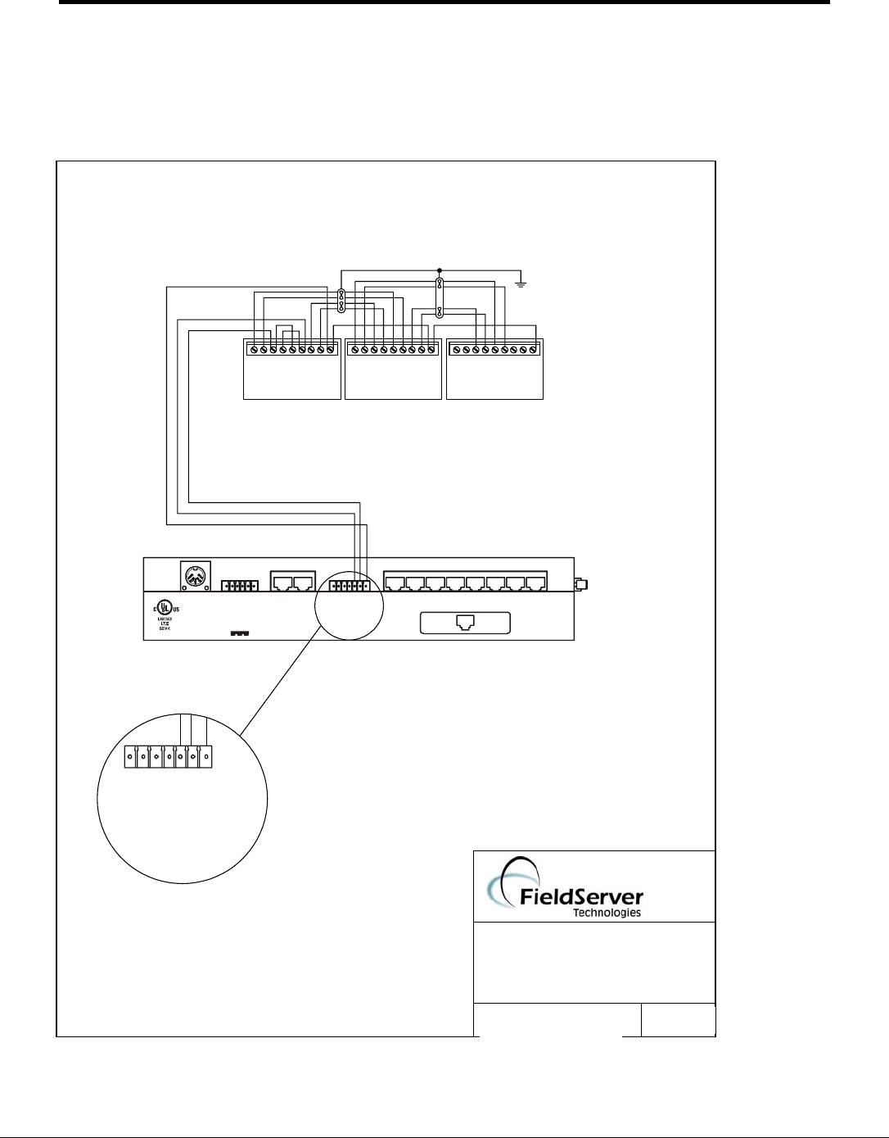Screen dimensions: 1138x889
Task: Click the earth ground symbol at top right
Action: (x=521, y=284)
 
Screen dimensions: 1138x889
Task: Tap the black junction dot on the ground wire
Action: (x=440, y=270)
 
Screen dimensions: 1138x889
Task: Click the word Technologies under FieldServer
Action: (x=607, y=913)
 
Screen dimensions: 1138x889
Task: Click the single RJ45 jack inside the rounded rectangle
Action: (x=464, y=623)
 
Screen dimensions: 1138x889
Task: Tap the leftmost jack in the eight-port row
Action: (x=395, y=584)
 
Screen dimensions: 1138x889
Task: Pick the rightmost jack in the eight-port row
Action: (x=536, y=584)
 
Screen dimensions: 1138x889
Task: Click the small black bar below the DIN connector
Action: (x=240, y=634)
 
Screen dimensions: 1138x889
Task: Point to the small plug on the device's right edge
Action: (x=580, y=584)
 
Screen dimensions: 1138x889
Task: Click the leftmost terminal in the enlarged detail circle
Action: (x=131, y=756)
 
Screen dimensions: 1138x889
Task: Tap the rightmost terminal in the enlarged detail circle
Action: (x=205, y=756)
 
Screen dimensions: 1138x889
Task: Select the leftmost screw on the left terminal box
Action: (x=254, y=350)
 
